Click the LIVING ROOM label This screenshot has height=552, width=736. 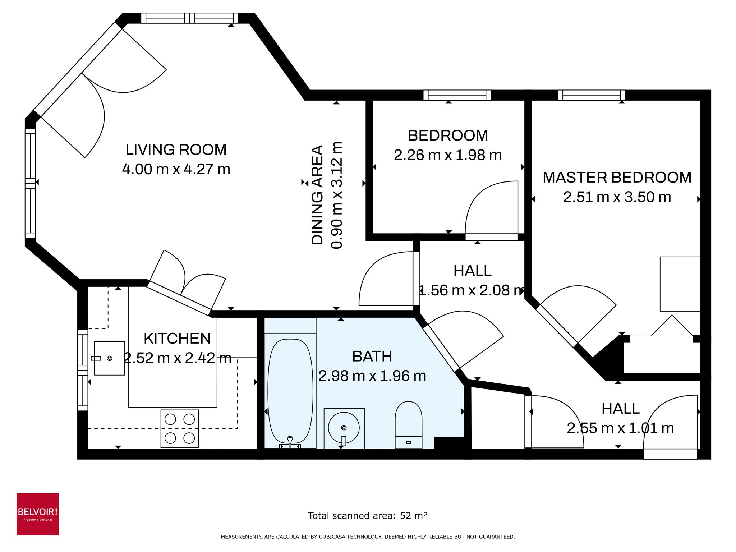click(x=176, y=149)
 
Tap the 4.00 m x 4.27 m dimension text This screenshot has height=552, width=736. click(x=176, y=169)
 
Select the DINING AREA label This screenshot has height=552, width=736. click(x=317, y=195)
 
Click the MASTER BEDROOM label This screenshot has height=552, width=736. click(x=617, y=178)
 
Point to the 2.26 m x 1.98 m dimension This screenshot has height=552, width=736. click(x=447, y=155)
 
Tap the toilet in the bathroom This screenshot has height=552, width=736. click(x=408, y=424)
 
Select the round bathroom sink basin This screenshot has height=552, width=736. click(x=344, y=428)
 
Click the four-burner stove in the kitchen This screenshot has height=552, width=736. click(x=179, y=428)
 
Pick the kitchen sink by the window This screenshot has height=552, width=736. click(x=109, y=358)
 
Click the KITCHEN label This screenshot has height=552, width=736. click(x=177, y=339)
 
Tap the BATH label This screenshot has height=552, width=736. click(x=372, y=356)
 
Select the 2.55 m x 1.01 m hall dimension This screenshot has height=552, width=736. click(x=620, y=428)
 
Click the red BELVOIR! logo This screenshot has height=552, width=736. click(x=38, y=514)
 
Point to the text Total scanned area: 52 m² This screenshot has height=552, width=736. click(x=368, y=516)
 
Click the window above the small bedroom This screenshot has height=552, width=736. click(x=457, y=95)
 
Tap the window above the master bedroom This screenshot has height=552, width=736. click(x=592, y=95)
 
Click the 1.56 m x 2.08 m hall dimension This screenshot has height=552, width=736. click(x=472, y=290)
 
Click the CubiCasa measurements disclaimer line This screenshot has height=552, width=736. click(x=368, y=537)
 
